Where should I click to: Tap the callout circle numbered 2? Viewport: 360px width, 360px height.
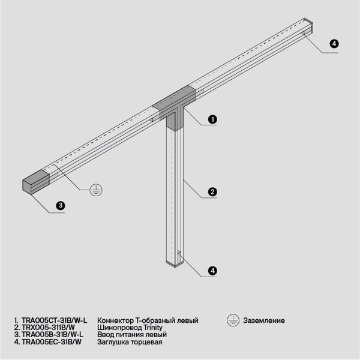[212, 193]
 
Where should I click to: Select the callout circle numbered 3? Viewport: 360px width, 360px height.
[60, 206]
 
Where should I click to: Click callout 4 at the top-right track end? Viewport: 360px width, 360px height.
[334, 44]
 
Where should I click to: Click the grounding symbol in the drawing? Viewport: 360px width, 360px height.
[95, 190]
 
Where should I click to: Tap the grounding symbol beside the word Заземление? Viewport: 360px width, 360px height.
[233, 320]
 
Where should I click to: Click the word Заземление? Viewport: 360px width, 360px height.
[264, 320]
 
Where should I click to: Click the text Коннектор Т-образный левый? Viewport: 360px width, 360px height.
[147, 320]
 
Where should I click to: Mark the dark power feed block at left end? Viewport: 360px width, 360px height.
[35, 181]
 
